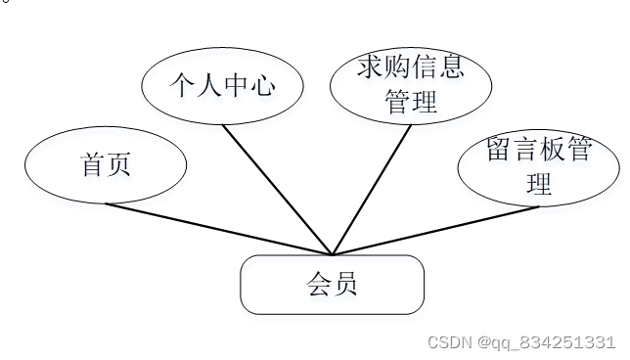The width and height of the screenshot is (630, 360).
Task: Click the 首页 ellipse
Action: click(x=106, y=164)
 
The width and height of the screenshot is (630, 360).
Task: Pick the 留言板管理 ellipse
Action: click(x=539, y=166)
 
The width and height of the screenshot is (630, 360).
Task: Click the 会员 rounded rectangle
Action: click(x=333, y=285)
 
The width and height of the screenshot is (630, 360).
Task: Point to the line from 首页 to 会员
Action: click(x=219, y=229)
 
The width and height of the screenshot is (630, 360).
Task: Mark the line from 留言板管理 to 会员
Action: click(x=435, y=230)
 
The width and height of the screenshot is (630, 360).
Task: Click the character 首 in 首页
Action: click(x=93, y=164)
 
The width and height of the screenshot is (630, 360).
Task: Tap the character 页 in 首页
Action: click(x=118, y=164)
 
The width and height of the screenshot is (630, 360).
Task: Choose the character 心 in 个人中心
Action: click(x=261, y=86)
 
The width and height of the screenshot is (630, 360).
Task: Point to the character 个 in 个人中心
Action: click(x=182, y=86)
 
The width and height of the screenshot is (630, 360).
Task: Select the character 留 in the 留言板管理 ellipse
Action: click(x=501, y=151)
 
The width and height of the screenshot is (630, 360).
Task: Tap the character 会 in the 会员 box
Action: click(x=319, y=285)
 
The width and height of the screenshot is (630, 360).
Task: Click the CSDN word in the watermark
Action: click(x=448, y=342)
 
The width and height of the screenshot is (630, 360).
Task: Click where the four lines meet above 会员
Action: click(x=333, y=253)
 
